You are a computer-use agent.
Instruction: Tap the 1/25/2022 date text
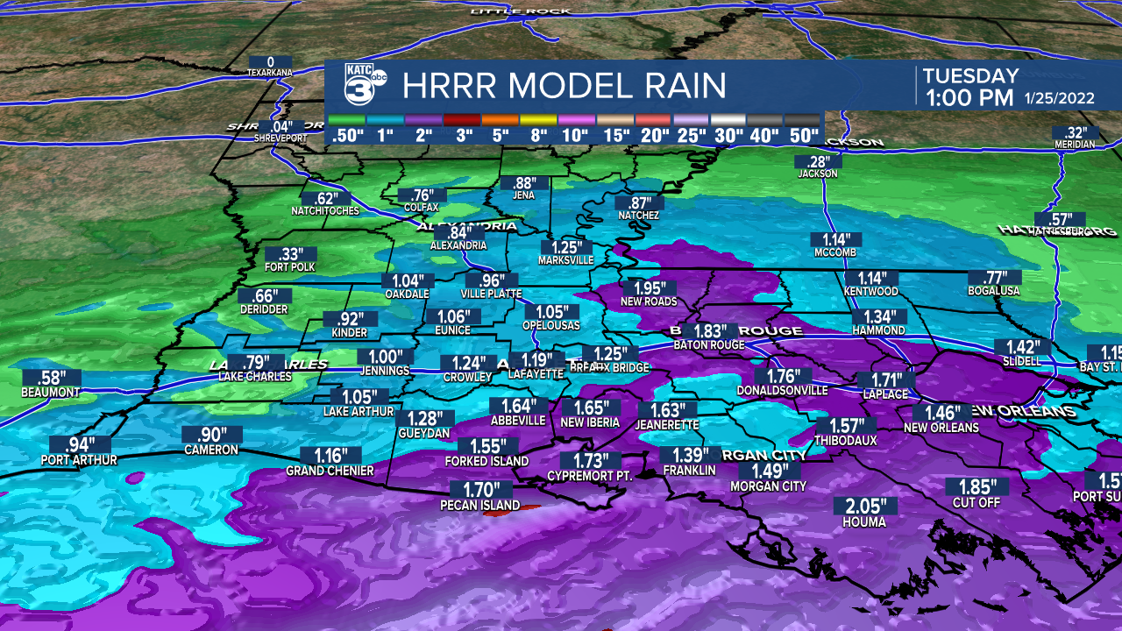pos(1060,98)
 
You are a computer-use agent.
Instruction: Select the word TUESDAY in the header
pos(970,76)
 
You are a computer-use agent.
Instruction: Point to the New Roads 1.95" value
pos(650,287)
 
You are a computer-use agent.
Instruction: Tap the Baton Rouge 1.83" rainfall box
pos(710,330)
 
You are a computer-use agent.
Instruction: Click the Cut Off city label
pos(976,503)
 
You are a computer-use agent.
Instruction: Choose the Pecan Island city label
pos(479,506)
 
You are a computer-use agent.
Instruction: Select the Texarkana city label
pos(269,73)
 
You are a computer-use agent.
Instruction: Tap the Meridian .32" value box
pos(1076,132)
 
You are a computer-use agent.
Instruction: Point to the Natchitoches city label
pos(325,211)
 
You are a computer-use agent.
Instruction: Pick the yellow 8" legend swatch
pos(539,119)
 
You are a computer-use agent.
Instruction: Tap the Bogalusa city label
pos(995,291)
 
